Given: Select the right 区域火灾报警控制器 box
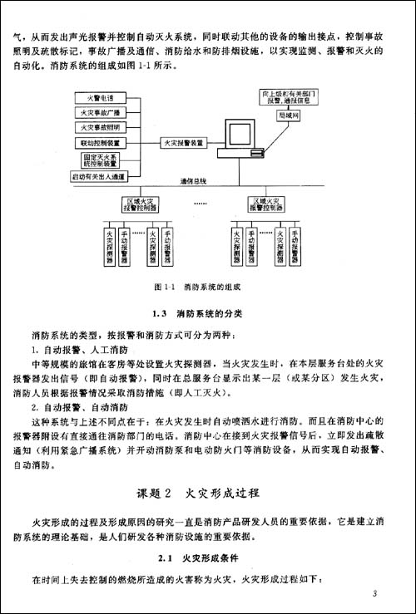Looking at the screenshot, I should [270, 204].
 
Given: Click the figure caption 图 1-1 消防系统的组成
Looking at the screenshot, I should [196, 287].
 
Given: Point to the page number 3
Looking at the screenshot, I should [376, 593].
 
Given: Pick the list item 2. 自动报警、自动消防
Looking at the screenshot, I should [79, 408].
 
